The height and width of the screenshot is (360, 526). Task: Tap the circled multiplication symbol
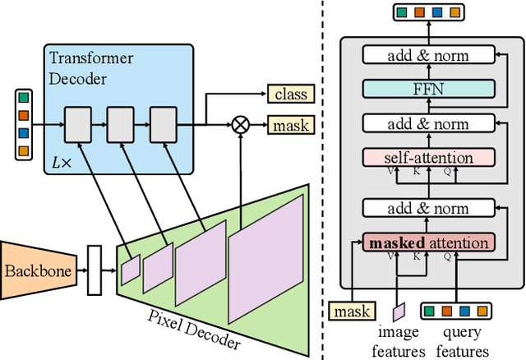pyautogui.click(x=241, y=125)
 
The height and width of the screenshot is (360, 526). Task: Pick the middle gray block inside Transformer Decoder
pyautogui.click(x=121, y=125)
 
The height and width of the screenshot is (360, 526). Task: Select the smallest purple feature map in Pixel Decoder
pyautogui.click(x=131, y=269)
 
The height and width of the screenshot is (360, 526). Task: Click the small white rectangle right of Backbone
pyautogui.click(x=94, y=270)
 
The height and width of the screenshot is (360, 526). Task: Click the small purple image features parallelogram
pyautogui.click(x=399, y=312)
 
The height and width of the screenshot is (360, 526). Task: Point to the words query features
pyautogui.click(x=461, y=342)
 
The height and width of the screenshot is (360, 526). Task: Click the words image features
pyautogui.click(x=399, y=342)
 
